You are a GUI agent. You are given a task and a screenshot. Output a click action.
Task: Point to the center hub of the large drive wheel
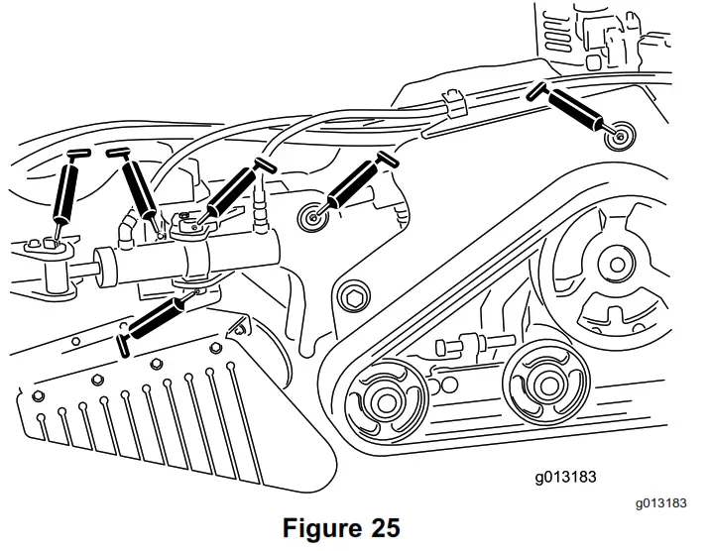(x=617, y=265)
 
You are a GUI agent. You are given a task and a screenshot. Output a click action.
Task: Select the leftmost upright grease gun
(x=66, y=192)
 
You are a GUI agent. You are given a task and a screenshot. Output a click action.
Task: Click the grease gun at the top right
(x=571, y=107)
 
